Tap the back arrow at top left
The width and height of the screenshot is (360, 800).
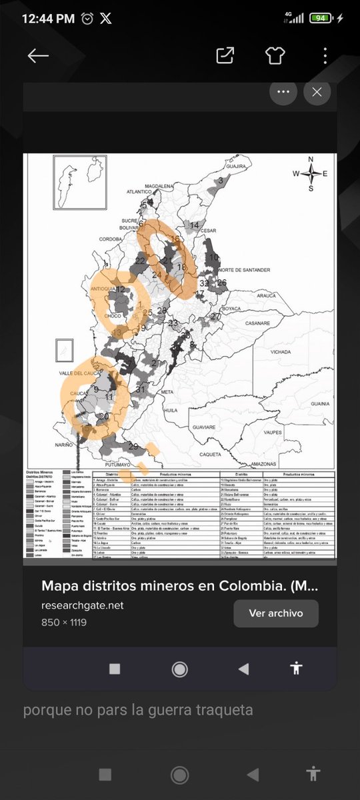click(38, 56)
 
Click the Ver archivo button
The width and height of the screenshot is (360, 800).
click(275, 613)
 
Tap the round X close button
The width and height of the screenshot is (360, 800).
click(317, 93)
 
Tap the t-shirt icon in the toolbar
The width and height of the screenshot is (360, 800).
click(275, 56)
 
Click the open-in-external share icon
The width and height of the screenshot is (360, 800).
click(225, 56)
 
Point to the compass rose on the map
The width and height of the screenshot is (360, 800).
click(311, 173)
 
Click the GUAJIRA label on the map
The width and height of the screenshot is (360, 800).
click(237, 167)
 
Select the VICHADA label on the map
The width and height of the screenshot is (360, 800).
click(281, 351)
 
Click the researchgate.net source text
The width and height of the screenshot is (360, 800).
click(83, 605)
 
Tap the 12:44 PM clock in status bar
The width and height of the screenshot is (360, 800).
click(47, 19)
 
